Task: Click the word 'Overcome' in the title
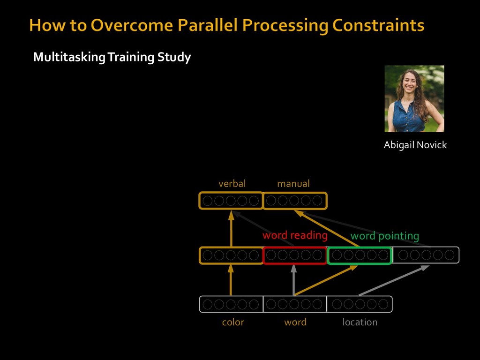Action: click(132, 25)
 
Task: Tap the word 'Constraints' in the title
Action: click(378, 25)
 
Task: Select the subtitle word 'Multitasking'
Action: click(69, 57)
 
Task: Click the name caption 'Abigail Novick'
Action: click(415, 145)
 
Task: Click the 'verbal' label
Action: click(232, 184)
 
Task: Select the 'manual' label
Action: click(293, 184)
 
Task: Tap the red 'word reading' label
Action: click(295, 235)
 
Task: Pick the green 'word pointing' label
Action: click(384, 236)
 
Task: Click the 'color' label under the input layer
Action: click(233, 322)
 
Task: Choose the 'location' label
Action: click(360, 322)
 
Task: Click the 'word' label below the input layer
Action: click(295, 322)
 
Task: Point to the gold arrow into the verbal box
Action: click(231, 229)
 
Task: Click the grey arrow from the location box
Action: click(394, 280)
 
